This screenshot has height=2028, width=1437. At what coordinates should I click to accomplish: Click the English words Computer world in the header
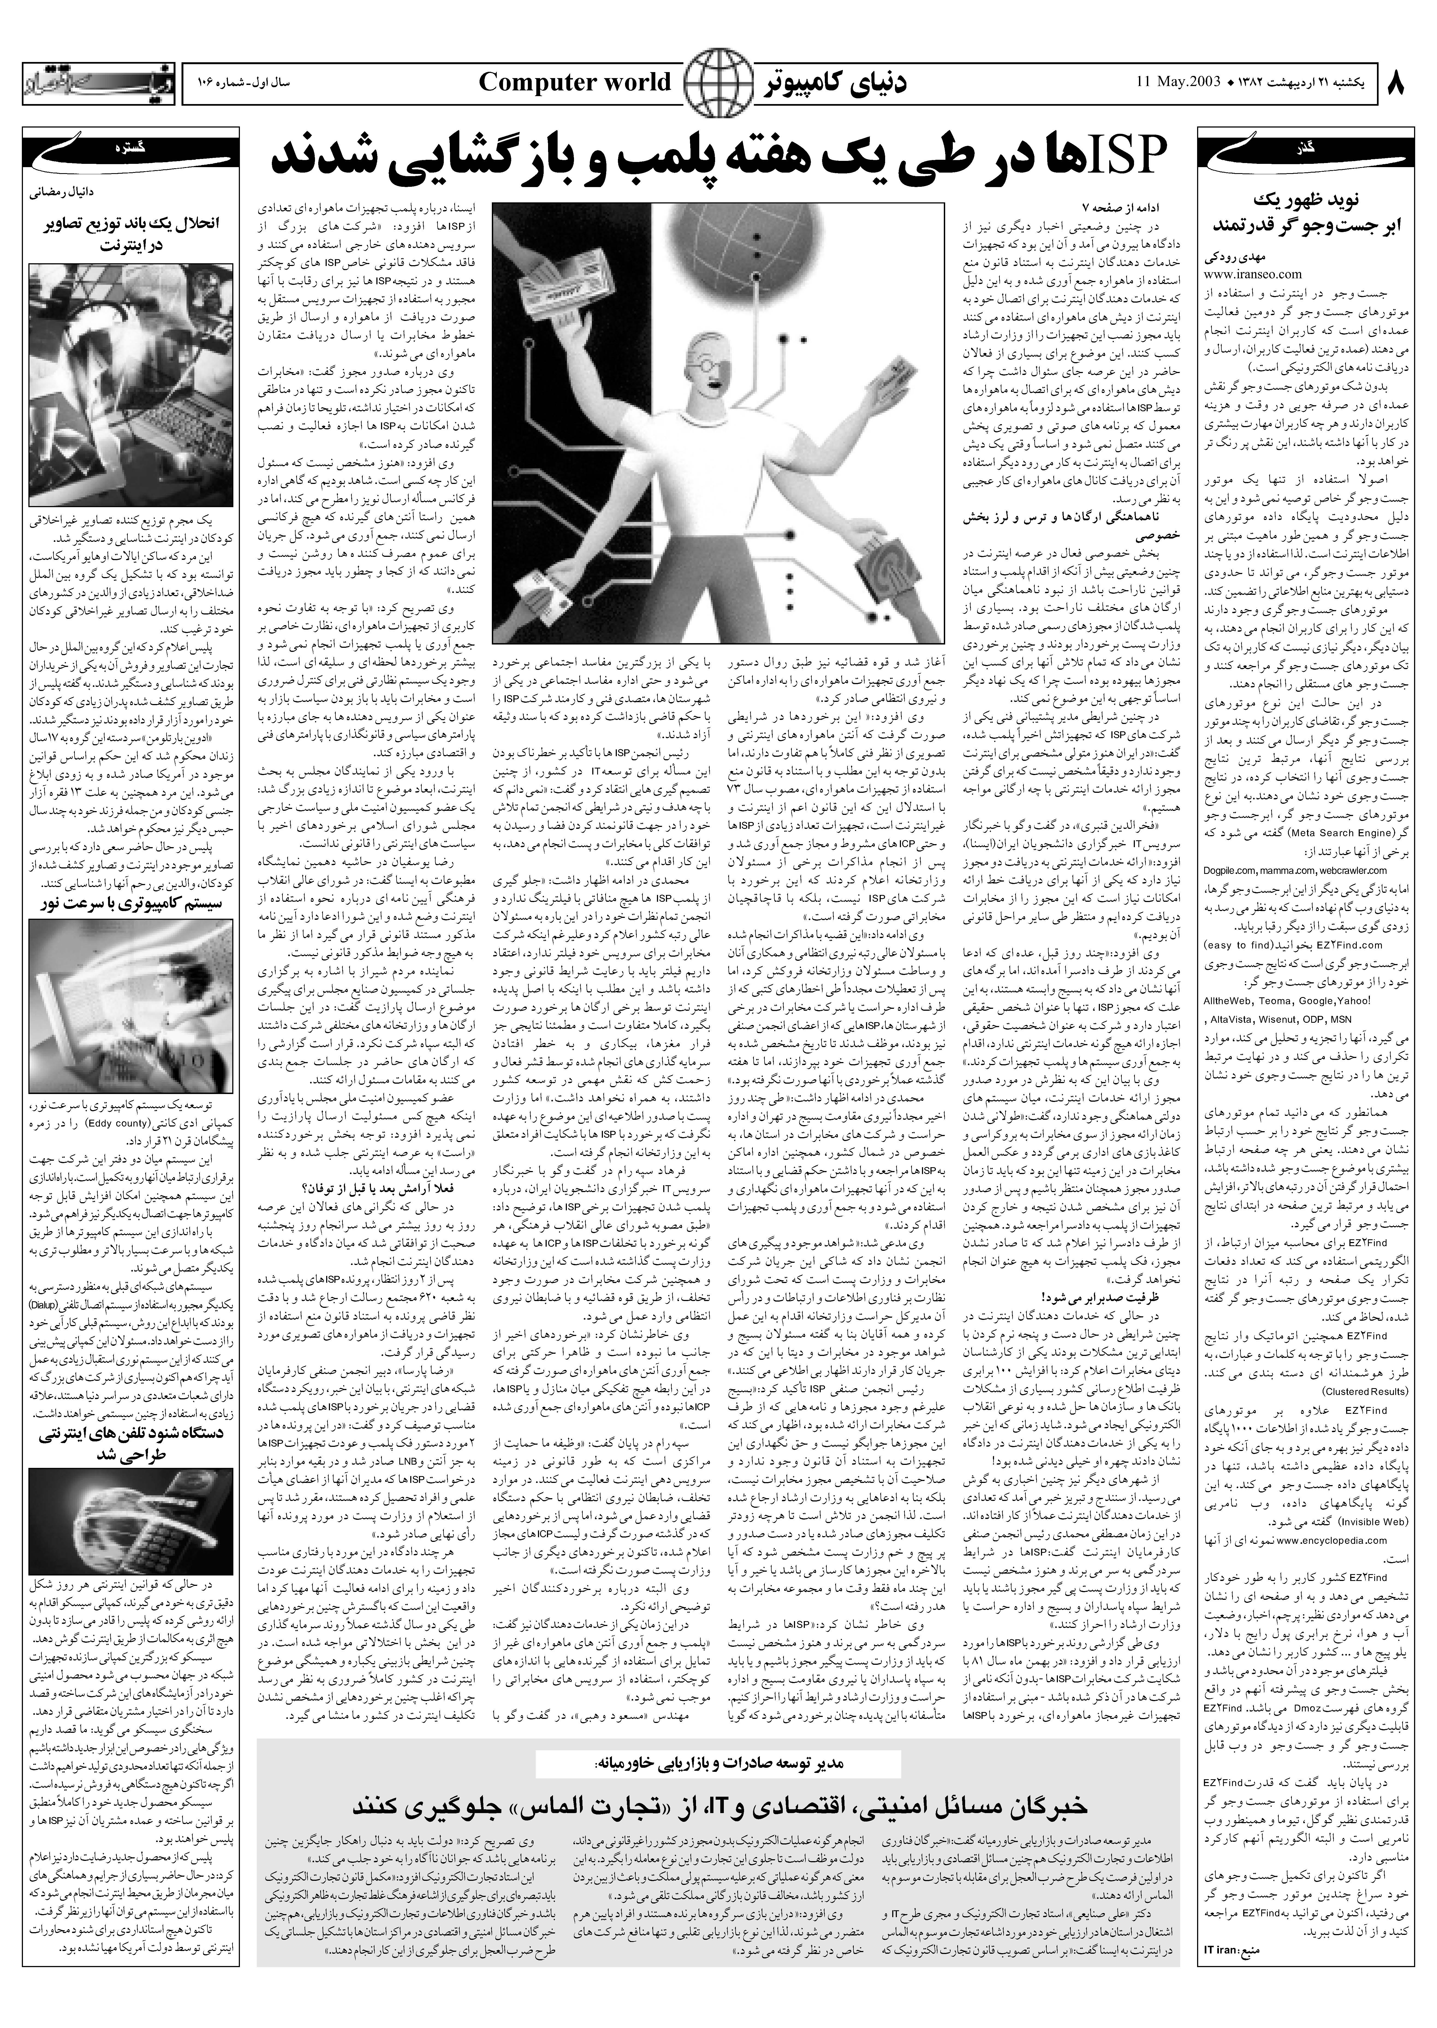pos(575,83)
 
